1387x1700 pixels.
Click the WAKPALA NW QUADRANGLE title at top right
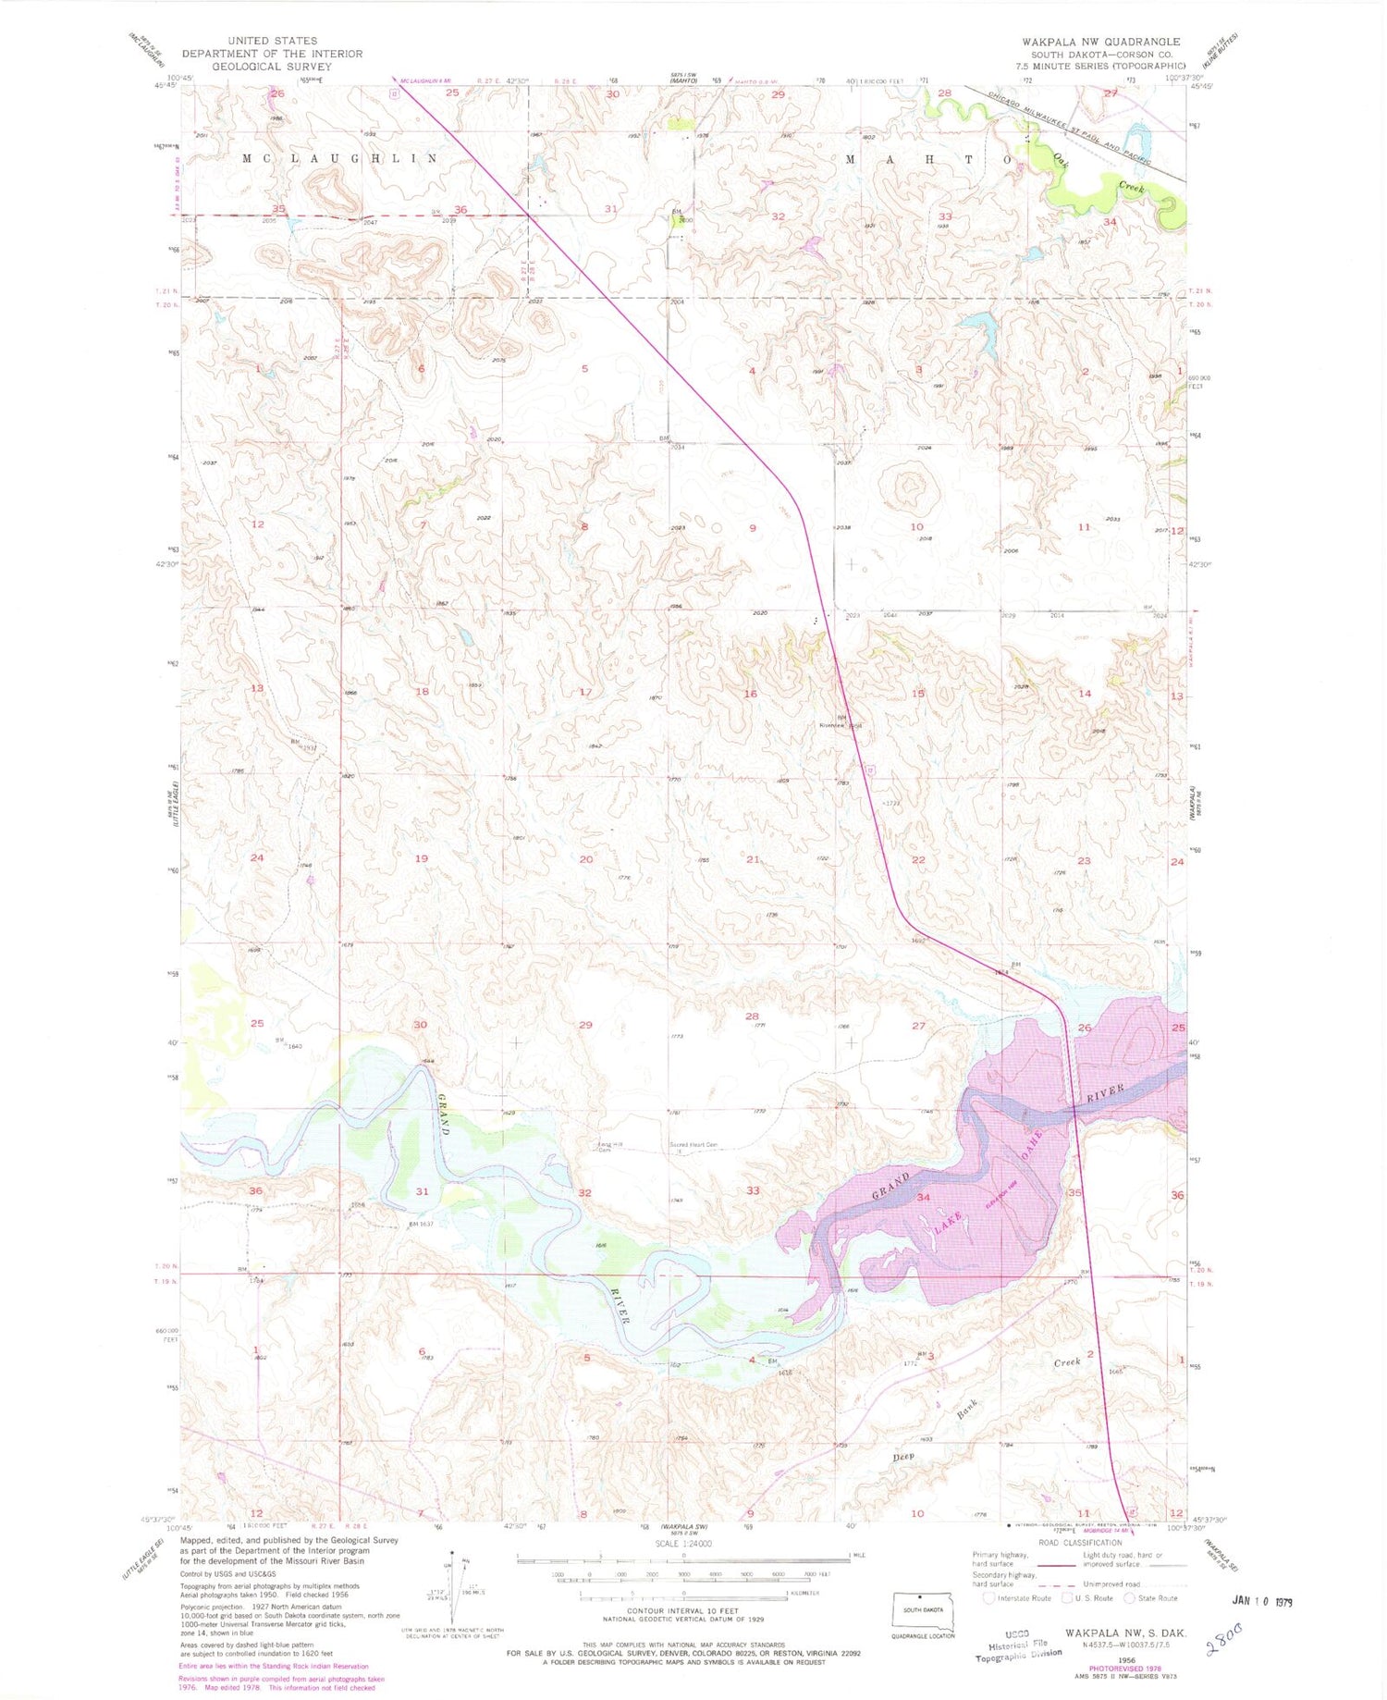(1100, 42)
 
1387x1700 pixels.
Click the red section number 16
(750, 694)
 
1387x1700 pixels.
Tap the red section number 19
(422, 858)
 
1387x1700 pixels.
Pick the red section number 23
(1084, 860)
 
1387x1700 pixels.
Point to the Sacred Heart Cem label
(693, 1145)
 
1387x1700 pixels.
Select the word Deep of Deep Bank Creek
(903, 1457)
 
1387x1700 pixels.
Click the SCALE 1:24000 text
(683, 1544)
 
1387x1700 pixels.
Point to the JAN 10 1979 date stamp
(1262, 1601)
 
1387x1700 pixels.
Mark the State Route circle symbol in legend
(1129, 1597)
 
